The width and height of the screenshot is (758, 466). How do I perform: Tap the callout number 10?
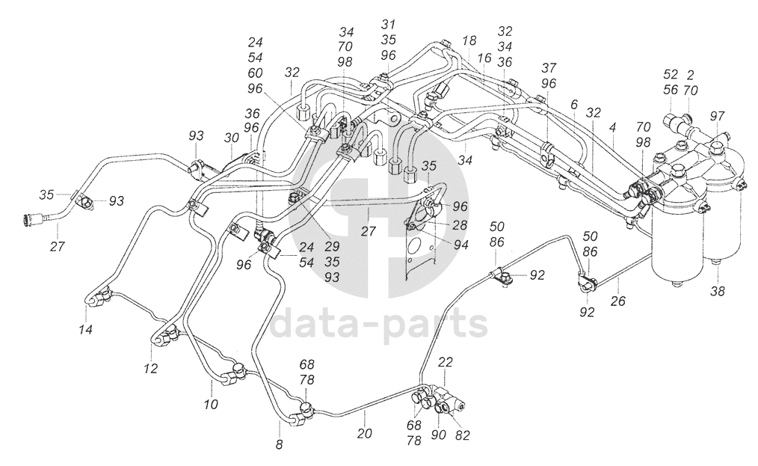coord(211,405)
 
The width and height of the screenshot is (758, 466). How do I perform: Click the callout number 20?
coord(365,433)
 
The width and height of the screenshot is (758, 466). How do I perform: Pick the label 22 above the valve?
coord(446,363)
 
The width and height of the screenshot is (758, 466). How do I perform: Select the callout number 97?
coord(718,116)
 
